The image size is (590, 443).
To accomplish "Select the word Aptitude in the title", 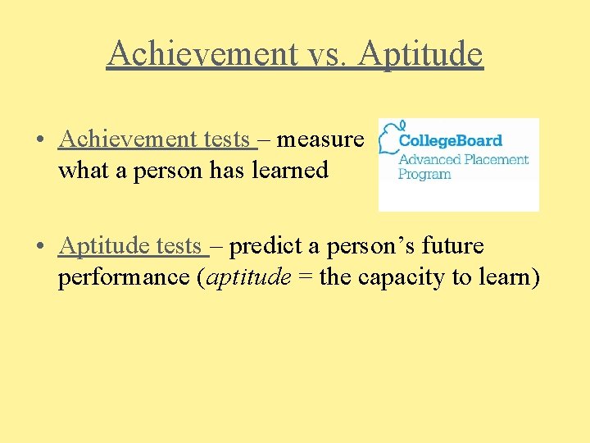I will pos(421,54).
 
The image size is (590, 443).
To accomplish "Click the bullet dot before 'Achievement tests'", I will pos(39,140).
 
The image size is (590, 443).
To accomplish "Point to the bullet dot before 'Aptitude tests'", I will pos(39,246).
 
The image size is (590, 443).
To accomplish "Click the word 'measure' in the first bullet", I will pos(319,140).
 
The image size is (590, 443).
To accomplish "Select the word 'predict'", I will pos(267,246).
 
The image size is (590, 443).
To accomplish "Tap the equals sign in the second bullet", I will pos(305,278).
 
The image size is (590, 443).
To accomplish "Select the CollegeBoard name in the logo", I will pos(450,141).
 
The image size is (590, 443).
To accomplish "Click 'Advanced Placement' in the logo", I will pos(463,160).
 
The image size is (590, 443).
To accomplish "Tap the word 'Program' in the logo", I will pos(424,174).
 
